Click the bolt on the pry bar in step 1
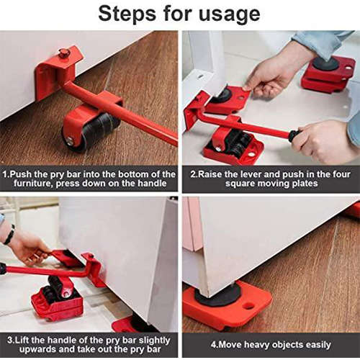(65, 53)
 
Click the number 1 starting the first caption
(5, 174)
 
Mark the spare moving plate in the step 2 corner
(328, 73)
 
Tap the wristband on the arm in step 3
(9, 235)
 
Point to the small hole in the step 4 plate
(249, 305)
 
